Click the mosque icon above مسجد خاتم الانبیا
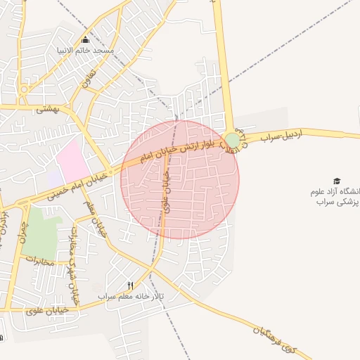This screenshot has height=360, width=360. click(86, 39)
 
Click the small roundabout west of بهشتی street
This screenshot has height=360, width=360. click(23, 90)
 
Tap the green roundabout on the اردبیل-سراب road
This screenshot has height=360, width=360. click(232, 141)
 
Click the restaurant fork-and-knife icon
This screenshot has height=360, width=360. click(130, 285)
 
